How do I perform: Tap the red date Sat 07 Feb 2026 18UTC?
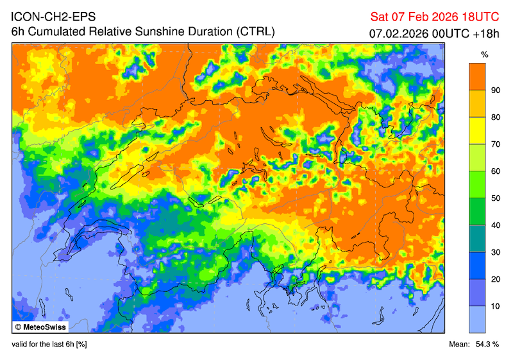pos(438,16)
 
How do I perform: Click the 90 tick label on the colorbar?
pos(495,90)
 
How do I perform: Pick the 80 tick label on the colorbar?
pos(495,117)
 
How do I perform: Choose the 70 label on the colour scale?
pos(495,144)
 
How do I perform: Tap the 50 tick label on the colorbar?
pos(495,198)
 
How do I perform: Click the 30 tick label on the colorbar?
pos(495,252)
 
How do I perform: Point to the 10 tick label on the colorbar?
pos(495,306)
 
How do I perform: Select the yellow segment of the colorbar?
pos(477,131)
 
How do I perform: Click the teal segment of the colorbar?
pos(477,239)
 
